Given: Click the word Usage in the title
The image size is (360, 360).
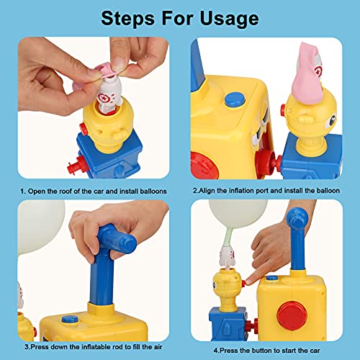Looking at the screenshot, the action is pos(229,19).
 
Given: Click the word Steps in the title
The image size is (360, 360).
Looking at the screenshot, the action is pos(127,19).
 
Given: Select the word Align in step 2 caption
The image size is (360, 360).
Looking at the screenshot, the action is pos(207,191).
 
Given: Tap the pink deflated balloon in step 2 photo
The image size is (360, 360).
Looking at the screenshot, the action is pos(307,74).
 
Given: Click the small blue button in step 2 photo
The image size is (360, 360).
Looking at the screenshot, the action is pos(235,100).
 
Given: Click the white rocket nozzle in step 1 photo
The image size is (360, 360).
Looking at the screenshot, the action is pos(109,95).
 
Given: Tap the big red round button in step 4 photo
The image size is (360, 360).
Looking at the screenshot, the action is pos(292,315).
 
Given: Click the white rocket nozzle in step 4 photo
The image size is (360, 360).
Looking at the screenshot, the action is pos(227,258).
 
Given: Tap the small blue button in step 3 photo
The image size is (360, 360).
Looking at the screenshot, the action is pos(70,320).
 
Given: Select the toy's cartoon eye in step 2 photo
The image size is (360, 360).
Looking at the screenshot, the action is pos(332,120).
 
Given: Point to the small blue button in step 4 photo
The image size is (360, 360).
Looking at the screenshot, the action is pos(272,279).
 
